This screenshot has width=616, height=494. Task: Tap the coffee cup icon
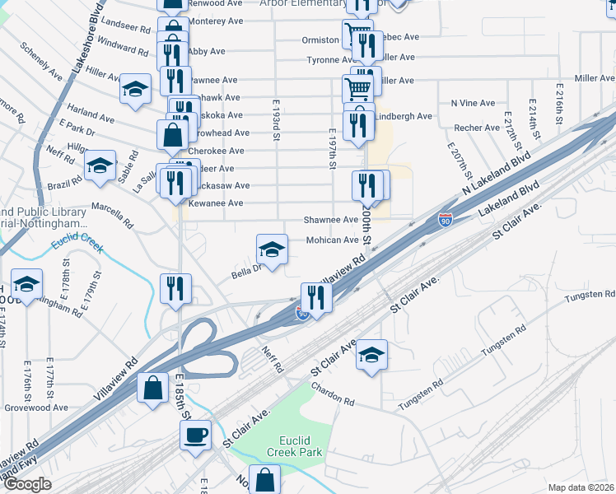tap(195, 434)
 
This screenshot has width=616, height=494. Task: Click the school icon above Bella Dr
tap(272, 248)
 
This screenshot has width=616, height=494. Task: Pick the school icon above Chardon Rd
tap(371, 354)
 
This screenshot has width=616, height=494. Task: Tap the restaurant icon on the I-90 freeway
tap(316, 296)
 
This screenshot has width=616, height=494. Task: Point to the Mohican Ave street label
tap(333, 240)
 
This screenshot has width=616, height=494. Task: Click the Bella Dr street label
tap(245, 269)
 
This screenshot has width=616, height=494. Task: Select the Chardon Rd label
tap(332, 397)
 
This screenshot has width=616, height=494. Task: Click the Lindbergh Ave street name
tap(404, 116)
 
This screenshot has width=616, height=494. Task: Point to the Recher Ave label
tap(477, 128)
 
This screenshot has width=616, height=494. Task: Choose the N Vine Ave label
tap(473, 103)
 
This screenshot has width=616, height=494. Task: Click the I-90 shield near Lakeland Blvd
tap(445, 220)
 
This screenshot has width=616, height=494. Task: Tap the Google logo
tap(27, 484)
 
